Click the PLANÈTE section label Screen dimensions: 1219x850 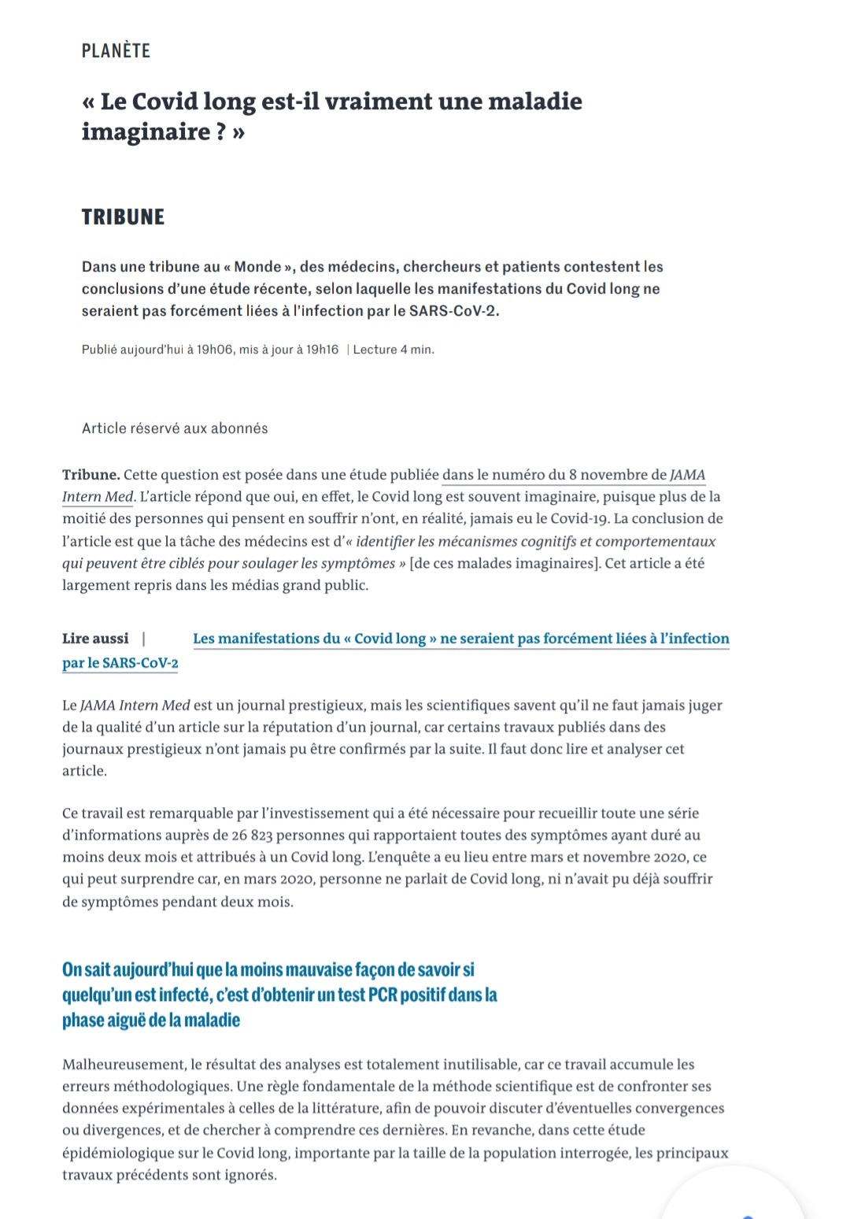click(116, 50)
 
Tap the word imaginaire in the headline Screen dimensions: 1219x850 click(144, 132)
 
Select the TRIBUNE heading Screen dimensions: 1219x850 click(123, 217)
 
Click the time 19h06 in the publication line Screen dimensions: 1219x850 click(215, 350)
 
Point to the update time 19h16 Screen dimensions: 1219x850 click(322, 350)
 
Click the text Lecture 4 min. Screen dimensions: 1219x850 click(394, 350)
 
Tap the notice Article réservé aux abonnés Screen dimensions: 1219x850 click(175, 428)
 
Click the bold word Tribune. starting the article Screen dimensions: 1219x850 click(91, 475)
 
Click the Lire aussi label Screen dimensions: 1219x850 click(95, 639)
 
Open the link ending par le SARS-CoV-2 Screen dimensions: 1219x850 click(120, 663)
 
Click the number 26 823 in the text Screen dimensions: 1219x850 click(252, 836)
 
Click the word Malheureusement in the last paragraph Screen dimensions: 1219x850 click(124, 1065)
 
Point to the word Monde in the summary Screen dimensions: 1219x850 click(257, 267)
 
